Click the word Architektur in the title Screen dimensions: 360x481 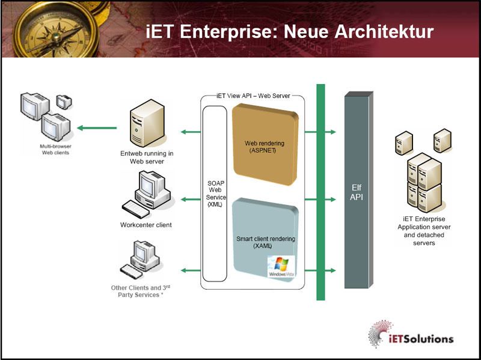pyautogui.click(x=380, y=31)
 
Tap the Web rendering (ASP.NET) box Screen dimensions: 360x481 pyautogui.click(x=265, y=145)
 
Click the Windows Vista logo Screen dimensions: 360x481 pyautogui.click(x=281, y=266)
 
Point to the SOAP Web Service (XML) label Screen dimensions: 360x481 pyautogui.click(x=215, y=192)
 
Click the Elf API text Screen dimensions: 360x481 pyautogui.click(x=357, y=192)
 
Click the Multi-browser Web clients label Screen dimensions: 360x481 pyautogui.click(x=46, y=149)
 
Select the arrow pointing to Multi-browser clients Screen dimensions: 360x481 pyautogui.click(x=96, y=127)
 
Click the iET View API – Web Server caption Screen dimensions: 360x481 pyautogui.click(x=253, y=97)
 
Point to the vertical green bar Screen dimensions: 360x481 pyautogui.click(x=320, y=192)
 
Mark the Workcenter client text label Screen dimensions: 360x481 pyautogui.click(x=146, y=225)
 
